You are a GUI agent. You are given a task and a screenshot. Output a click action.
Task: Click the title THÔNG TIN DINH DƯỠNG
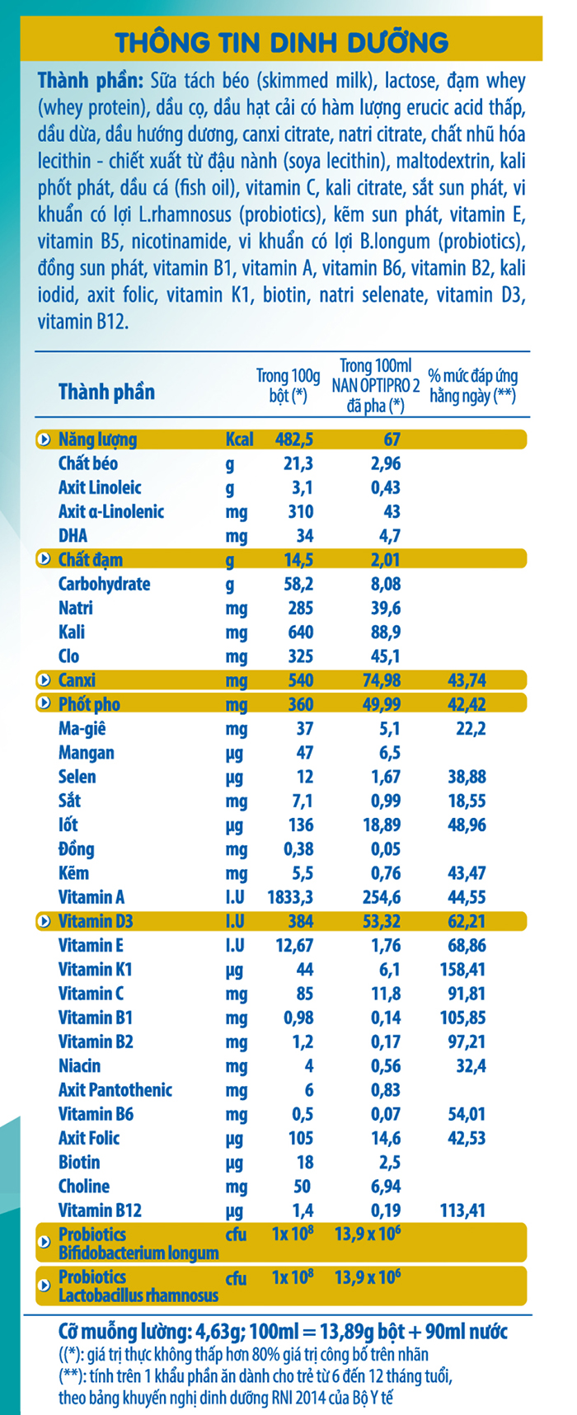coord(281,41)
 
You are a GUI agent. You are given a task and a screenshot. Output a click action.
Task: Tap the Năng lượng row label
coord(97,440)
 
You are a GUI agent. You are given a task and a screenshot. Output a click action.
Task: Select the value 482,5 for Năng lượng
coord(293,440)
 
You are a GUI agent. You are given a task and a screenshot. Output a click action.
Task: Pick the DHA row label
coord(73,536)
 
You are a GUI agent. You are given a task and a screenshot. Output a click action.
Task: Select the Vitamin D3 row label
coord(96,921)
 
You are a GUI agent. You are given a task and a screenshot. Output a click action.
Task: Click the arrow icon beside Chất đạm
coord(45,560)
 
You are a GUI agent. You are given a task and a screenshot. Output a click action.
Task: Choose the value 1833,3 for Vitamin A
coord(290,897)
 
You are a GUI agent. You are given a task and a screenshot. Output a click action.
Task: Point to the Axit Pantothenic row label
coord(115,1090)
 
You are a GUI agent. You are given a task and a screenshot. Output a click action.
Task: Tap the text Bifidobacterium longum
coord(138,1253)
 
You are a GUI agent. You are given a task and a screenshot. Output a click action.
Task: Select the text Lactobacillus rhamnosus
coord(138,1295)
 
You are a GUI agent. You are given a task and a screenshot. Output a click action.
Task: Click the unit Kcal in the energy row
coord(239,440)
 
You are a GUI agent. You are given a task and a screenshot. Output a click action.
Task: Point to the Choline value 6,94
coord(386,1187)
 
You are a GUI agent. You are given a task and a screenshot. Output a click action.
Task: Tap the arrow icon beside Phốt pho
coord(45,704)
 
